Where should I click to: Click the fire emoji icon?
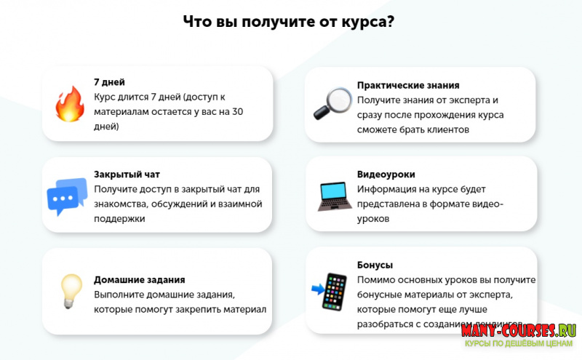70,104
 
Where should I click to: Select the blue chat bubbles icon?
67,196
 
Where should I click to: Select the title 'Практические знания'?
408,85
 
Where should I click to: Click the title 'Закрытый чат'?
127,175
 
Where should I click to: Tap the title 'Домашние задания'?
139,279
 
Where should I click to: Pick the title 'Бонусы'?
375,265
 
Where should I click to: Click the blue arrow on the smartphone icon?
317,289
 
